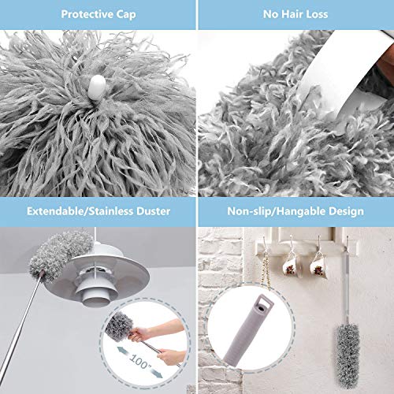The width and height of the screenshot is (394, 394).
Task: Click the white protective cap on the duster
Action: coord(96,87)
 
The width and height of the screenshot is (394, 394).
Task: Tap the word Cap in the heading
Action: coord(126,15)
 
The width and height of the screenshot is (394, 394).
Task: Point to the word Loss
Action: coord(318,14)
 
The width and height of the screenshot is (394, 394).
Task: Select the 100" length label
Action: coord(139,361)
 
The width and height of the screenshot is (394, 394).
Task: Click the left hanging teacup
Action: coord(291,266)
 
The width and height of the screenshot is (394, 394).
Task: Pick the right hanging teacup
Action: coord(318,266)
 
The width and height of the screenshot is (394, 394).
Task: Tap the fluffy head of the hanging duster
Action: coord(347,355)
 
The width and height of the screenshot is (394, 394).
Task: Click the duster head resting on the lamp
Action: coord(61,255)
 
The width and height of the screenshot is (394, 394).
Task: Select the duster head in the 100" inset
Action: coord(120,326)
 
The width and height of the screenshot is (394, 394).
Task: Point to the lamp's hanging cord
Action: coord(95,235)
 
